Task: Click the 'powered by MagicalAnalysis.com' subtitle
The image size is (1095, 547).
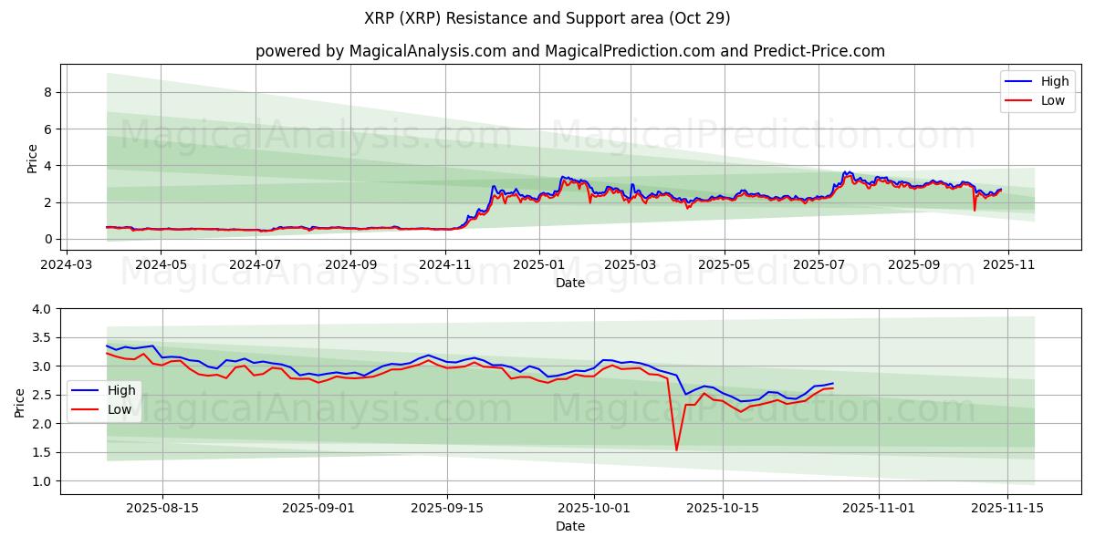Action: coord(569,51)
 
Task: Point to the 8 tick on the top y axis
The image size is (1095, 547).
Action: coord(47,92)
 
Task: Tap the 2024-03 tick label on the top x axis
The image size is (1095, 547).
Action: coord(67,265)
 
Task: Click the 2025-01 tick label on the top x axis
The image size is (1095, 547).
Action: coord(538,265)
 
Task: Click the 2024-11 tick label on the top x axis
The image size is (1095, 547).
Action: coord(445,265)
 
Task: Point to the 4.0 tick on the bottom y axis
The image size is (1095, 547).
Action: coord(42,309)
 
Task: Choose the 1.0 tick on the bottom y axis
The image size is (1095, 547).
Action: coord(42,480)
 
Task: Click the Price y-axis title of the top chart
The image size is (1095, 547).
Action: coord(32,158)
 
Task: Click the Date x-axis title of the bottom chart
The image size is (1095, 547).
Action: coord(569,527)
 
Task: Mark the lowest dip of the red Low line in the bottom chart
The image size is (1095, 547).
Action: coord(676,449)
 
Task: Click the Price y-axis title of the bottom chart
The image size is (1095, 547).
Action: coord(20,402)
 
